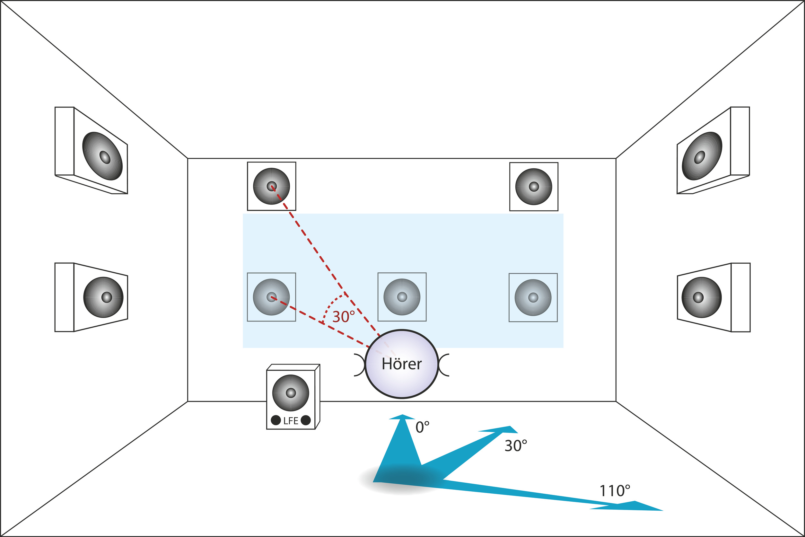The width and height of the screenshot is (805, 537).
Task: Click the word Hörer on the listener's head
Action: (x=402, y=364)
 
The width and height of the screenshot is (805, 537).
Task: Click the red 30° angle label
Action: (x=344, y=317)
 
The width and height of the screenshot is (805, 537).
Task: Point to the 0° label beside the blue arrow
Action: (x=422, y=427)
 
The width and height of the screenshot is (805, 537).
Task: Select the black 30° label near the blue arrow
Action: (x=516, y=446)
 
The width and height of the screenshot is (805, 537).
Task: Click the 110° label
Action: (x=615, y=491)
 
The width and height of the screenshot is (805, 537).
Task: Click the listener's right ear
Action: (x=444, y=365)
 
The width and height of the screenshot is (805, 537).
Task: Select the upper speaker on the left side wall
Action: (x=102, y=156)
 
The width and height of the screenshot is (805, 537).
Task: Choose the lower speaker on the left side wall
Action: (x=103, y=297)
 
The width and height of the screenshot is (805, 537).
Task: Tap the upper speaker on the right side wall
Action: (x=702, y=156)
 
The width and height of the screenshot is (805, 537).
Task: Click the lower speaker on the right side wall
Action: (x=702, y=297)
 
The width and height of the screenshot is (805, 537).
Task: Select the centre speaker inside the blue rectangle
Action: (x=402, y=297)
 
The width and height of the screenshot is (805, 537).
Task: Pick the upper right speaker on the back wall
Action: (x=534, y=187)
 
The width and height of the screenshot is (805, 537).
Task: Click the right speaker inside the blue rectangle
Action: (x=533, y=297)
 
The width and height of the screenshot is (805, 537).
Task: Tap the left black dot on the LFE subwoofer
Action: (x=276, y=420)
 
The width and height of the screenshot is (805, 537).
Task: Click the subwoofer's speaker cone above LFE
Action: (x=291, y=393)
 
